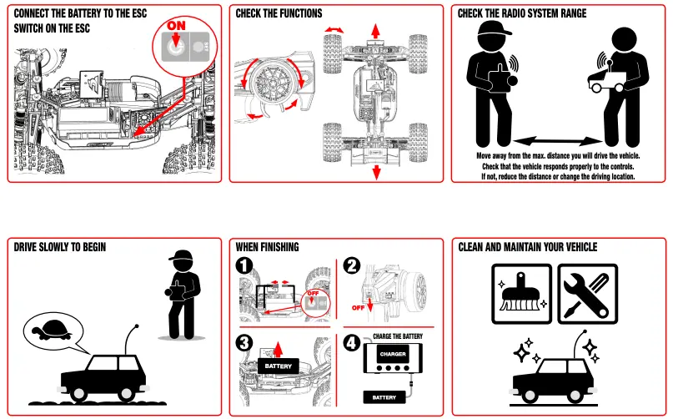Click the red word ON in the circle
coord(177,26)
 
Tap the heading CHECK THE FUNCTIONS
coord(279,13)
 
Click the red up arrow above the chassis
coord(376,29)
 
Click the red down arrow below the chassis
coord(376,171)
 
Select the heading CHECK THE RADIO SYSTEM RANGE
coord(522,13)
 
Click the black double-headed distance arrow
coord(557,140)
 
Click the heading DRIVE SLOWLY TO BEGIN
coord(60,247)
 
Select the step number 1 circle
coord(244,266)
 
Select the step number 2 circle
coord(352,266)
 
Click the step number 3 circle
coord(244,342)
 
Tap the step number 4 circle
coord(352,342)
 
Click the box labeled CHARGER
coord(393,354)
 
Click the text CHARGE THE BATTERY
coord(398,336)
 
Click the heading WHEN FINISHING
coord(267,247)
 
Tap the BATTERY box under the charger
coord(384,397)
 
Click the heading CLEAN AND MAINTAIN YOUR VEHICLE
coord(528,247)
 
